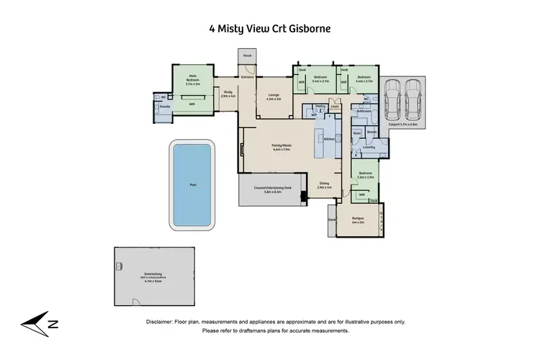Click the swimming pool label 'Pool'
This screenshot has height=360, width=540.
(192, 184)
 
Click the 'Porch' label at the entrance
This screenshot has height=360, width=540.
(247, 55)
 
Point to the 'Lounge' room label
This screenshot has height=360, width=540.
(274, 95)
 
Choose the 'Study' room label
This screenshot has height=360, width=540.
(227, 92)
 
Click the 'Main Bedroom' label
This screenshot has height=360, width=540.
(192, 77)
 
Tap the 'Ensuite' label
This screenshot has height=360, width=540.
(164, 107)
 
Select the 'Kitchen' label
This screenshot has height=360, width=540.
(328, 138)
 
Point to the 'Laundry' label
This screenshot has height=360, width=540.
(369, 147)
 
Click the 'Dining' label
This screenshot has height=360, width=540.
(324, 184)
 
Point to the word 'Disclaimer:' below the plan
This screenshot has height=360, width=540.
(163, 323)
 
